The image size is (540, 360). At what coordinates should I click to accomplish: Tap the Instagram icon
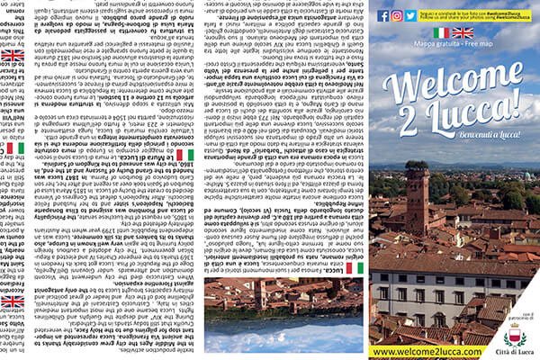click(x=398, y=15)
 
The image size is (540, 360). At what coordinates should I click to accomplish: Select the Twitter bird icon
click(x=411, y=15)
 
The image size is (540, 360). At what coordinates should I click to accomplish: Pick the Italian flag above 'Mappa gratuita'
click(x=441, y=32)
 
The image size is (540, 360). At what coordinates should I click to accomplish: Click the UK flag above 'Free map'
click(x=463, y=32)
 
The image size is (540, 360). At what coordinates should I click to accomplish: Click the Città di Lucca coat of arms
click(x=516, y=335)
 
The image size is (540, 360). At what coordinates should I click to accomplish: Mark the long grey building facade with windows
click(x=432, y=288)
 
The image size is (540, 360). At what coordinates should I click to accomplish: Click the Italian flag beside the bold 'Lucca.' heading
click(x=355, y=268)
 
